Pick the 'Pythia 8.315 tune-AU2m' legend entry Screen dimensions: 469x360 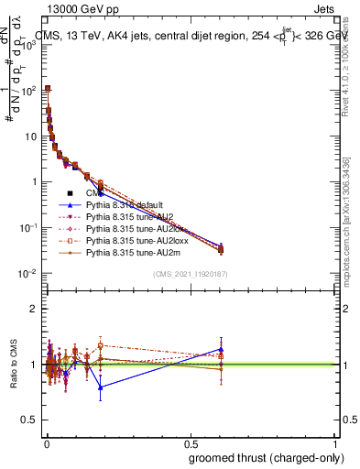click(133, 250)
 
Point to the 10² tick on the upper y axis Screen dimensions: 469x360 click(29, 91)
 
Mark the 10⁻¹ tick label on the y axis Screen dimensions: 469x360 click(29, 228)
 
